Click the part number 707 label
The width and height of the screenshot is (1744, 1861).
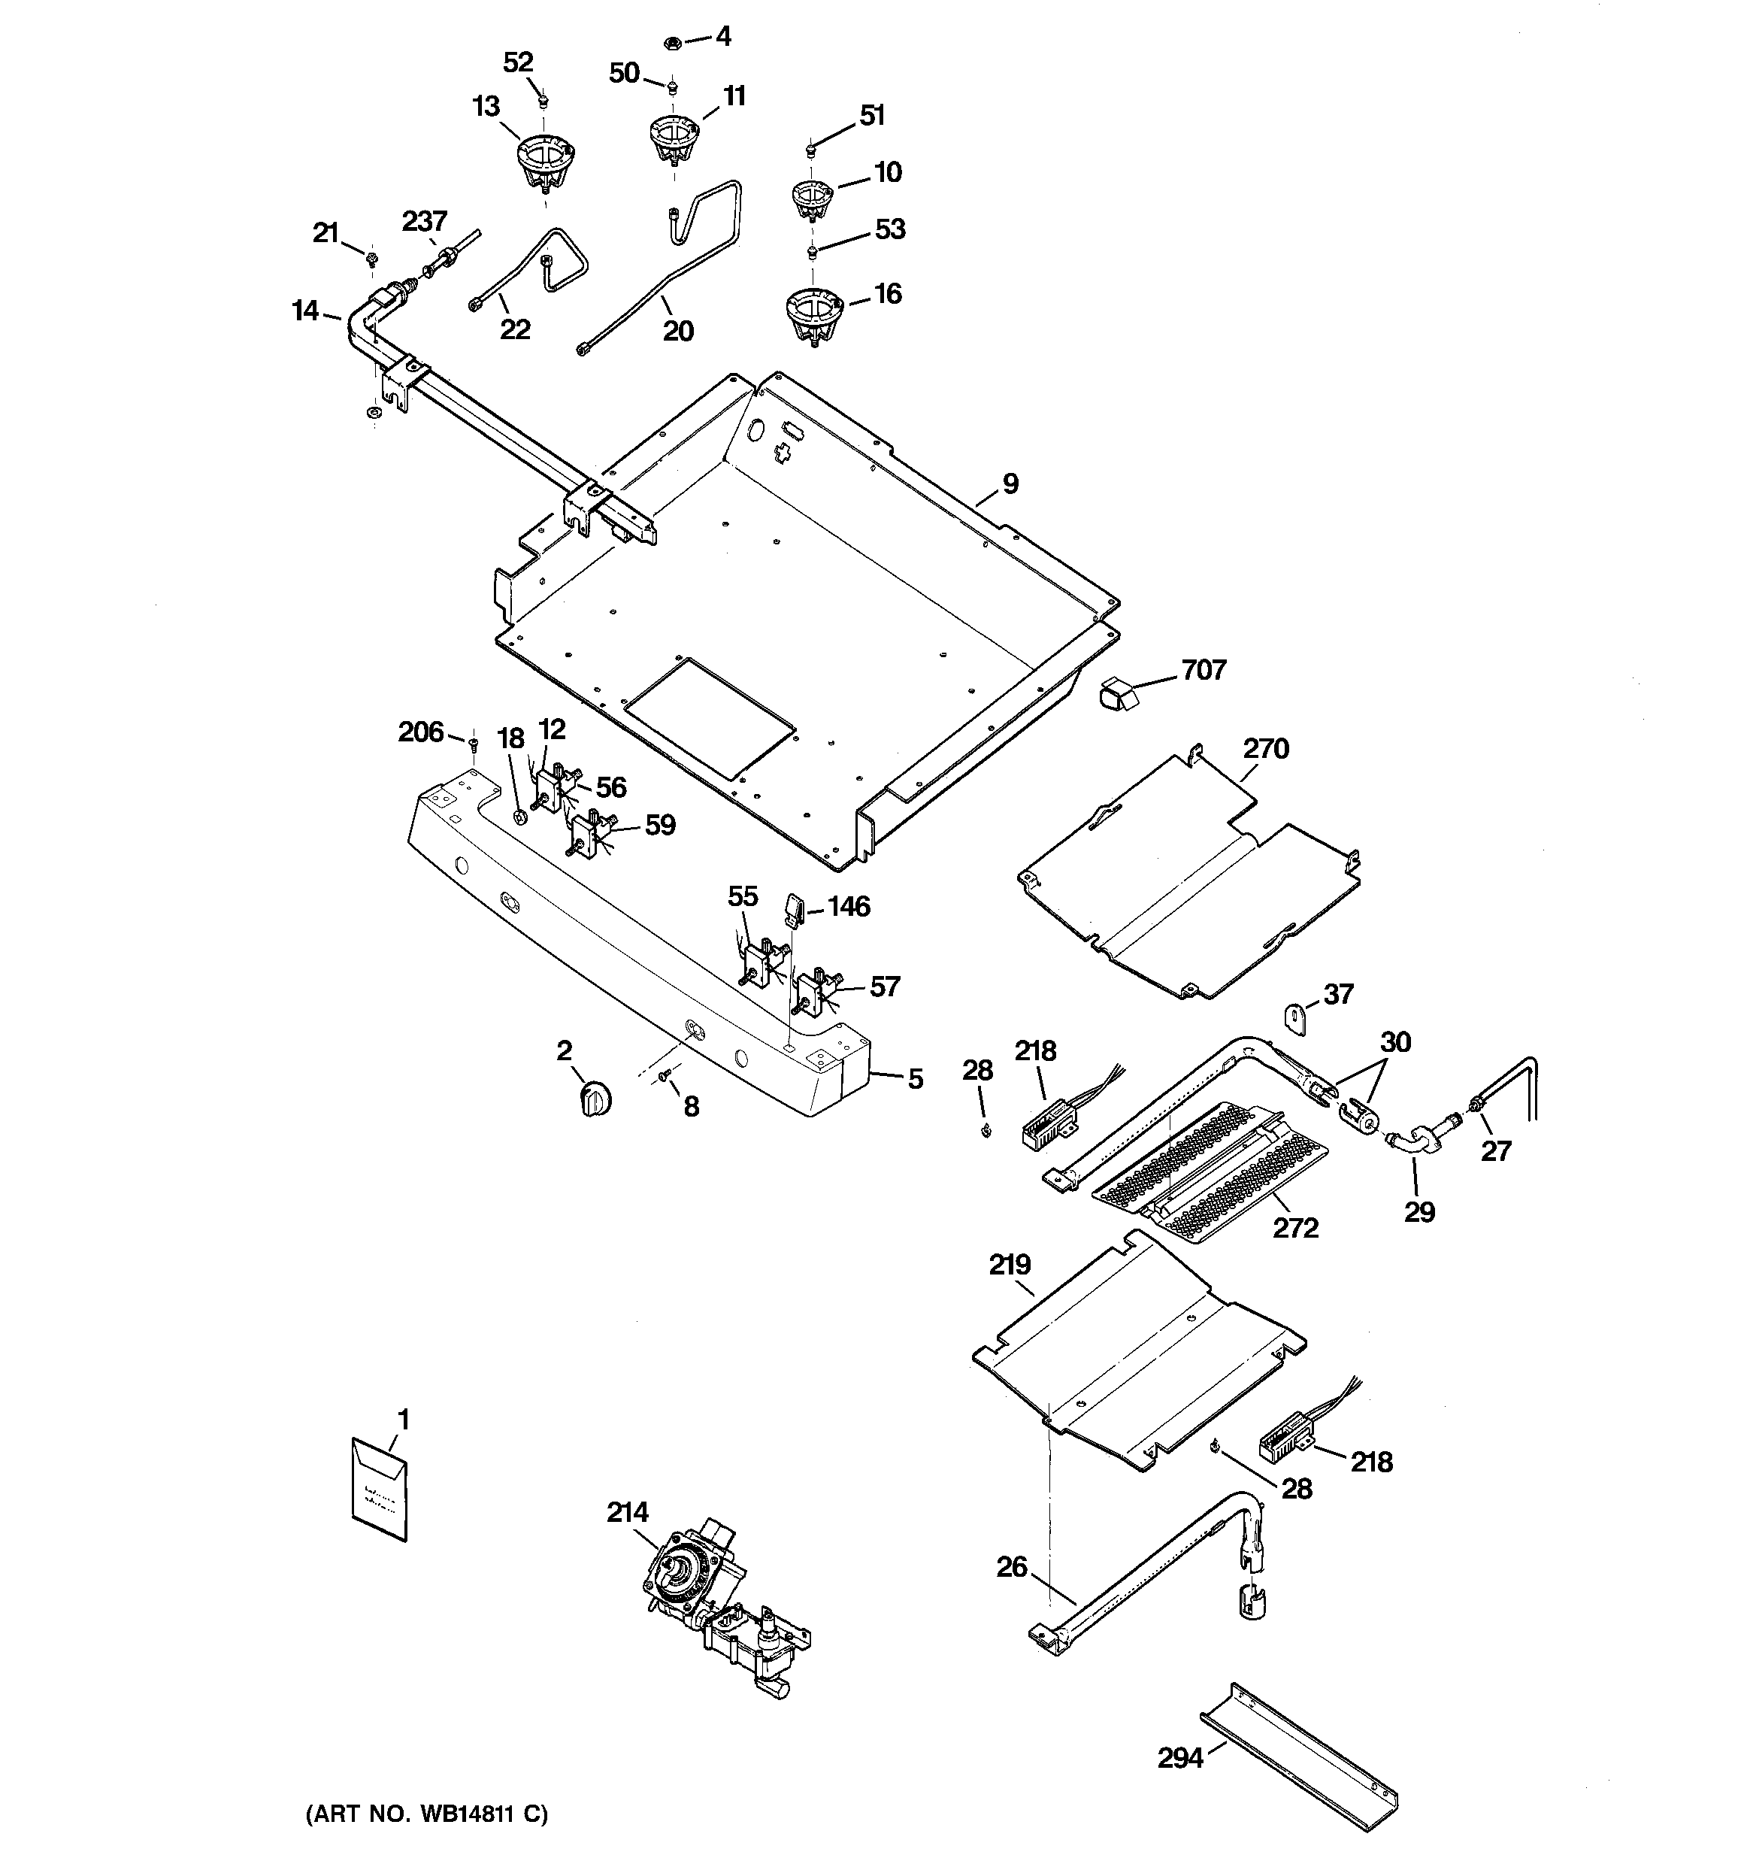(1202, 670)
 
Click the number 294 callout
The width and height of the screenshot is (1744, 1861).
(1179, 1758)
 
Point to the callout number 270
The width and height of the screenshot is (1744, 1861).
(1266, 749)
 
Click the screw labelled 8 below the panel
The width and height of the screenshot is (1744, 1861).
(665, 1078)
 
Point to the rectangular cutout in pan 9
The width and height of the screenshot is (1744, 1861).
(710, 719)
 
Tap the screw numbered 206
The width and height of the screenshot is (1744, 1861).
(474, 744)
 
